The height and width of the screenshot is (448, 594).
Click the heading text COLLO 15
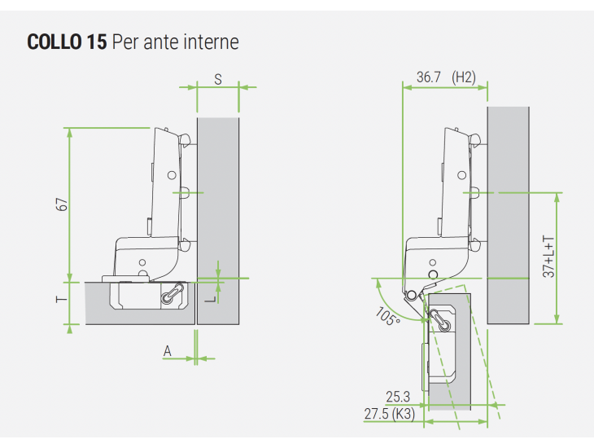click(67, 42)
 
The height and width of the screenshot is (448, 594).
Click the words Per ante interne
click(176, 42)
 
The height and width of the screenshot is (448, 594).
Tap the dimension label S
click(218, 79)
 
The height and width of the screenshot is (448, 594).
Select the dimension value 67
click(62, 204)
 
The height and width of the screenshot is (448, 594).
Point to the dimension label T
click(61, 299)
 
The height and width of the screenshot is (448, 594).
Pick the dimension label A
click(168, 351)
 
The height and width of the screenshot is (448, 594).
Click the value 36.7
click(429, 77)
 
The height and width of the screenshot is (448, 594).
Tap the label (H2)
click(464, 77)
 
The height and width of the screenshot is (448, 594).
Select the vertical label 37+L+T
click(548, 257)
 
